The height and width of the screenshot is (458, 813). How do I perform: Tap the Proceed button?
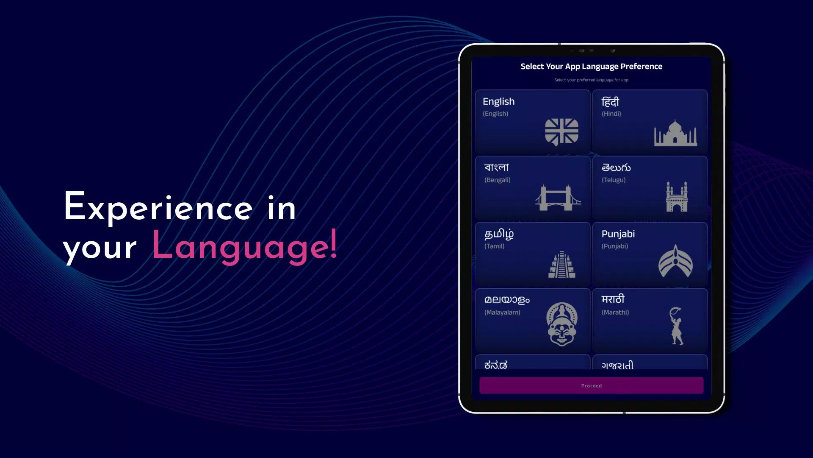(591, 385)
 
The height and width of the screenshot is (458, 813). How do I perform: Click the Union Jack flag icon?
(561, 131)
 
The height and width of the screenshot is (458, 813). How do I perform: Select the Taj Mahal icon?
(675, 133)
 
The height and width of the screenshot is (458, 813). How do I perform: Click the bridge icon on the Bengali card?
(558, 197)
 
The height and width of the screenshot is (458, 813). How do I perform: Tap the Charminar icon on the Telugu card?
(676, 197)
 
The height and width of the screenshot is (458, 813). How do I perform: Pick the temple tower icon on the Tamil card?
(561, 264)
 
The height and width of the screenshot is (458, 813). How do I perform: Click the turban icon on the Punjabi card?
(675, 261)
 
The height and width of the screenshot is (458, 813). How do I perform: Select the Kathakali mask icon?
(561, 324)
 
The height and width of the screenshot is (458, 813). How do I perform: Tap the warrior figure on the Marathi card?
(676, 326)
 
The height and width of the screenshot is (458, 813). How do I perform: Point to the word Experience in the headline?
(158, 207)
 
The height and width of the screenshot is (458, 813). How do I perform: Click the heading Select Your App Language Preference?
(591, 66)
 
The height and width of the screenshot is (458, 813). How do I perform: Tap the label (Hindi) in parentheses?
(611, 114)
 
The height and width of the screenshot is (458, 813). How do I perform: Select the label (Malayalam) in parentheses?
(502, 312)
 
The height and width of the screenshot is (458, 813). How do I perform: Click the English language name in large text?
(498, 101)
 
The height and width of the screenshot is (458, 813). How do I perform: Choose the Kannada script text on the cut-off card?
(495, 365)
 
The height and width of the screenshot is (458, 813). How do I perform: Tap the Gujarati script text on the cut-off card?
(617, 365)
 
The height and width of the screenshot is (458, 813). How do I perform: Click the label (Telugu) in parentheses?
(613, 180)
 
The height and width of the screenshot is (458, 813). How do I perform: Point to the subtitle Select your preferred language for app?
(591, 80)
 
